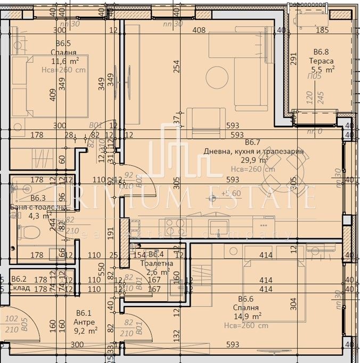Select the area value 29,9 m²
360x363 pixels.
point(252,160)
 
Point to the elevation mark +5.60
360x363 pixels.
point(232,193)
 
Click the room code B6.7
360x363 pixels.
point(252,143)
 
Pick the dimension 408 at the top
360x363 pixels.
point(199,30)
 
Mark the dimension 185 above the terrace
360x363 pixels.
point(323,30)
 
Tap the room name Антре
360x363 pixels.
point(85,322)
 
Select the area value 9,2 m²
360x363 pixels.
point(85,331)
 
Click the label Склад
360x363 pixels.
point(19,288)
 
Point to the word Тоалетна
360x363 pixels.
point(160,263)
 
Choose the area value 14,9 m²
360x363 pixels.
point(249,317)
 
